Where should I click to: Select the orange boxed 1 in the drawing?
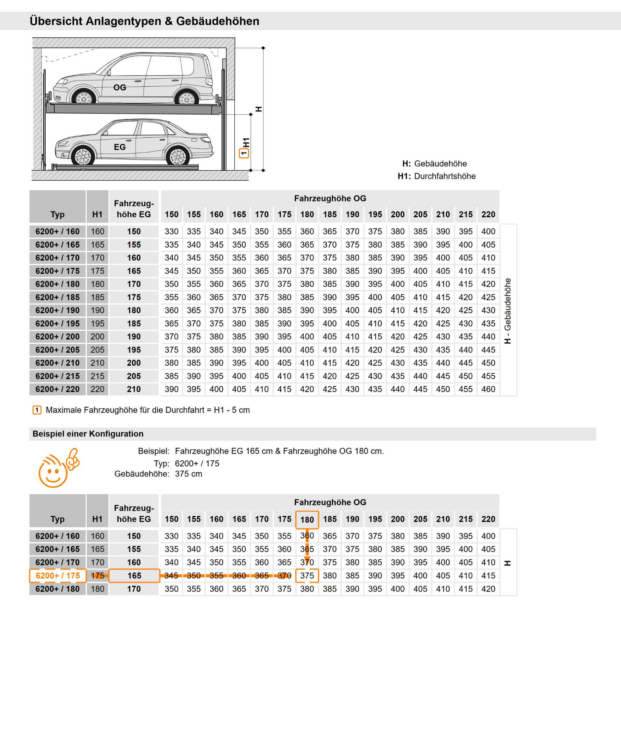pos(244,154)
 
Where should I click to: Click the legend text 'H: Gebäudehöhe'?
pos(434,164)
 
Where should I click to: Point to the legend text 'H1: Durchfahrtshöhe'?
pos(436,176)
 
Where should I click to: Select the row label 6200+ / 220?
pos(57,389)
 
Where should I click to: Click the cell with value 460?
pos(488,389)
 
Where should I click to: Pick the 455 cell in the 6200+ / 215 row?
pos(488,376)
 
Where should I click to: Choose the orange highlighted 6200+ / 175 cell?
pos(58,576)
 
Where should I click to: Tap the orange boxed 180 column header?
pos(307,520)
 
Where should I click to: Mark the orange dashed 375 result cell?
pos(307,576)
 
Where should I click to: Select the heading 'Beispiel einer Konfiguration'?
pos(88,434)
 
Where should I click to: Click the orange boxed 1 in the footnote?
pos(37,410)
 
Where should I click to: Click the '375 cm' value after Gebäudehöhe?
pos(189,474)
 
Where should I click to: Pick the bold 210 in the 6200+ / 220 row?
pos(134,389)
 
